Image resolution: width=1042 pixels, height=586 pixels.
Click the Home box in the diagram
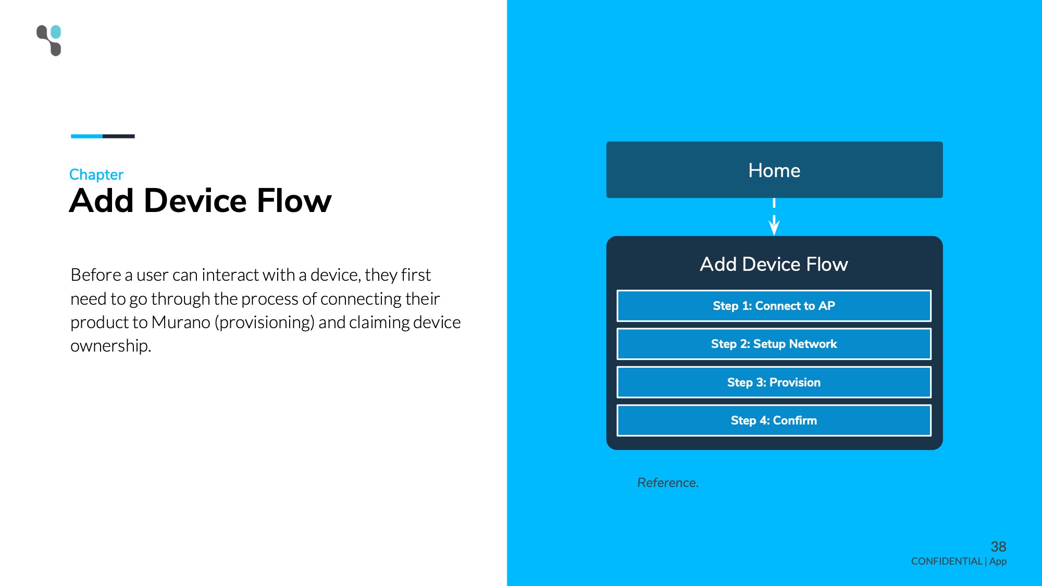coord(774,170)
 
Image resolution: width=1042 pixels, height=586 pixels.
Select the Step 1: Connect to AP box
coord(774,306)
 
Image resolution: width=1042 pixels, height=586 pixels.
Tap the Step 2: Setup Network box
coord(774,344)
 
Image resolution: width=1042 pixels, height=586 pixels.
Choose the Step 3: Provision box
coord(774,382)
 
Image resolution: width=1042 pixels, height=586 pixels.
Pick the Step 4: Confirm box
coord(774,420)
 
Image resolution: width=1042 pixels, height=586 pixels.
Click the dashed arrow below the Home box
coord(774,217)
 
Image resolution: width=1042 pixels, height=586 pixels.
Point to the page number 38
coord(998,546)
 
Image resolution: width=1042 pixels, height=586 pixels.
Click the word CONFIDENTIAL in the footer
coord(947,562)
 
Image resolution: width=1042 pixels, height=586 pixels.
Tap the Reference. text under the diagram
coord(668,483)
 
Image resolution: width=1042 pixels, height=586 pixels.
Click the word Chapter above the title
coord(96,174)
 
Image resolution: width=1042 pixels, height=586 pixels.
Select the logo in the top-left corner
coord(49,40)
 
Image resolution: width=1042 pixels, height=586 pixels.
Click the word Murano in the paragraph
coord(181,322)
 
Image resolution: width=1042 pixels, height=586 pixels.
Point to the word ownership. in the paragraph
coord(111,346)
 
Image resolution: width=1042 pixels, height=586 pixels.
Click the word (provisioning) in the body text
coord(265,323)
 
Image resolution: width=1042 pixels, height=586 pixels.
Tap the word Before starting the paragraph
coord(96,275)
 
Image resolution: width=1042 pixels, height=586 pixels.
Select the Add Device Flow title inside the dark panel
coord(774,264)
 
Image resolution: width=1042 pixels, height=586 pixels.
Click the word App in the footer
coord(998,562)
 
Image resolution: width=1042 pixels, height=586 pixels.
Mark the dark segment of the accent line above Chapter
coord(119,136)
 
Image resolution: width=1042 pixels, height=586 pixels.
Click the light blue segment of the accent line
coord(86,136)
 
